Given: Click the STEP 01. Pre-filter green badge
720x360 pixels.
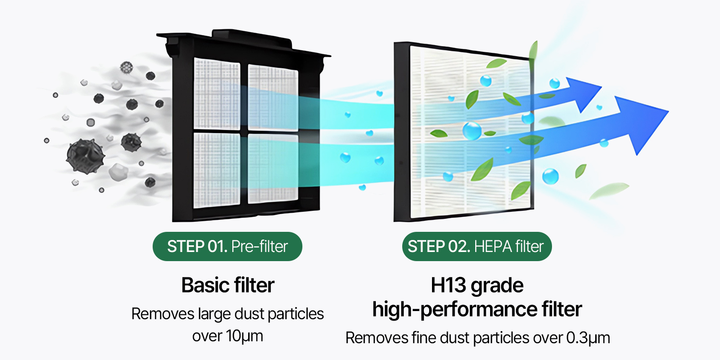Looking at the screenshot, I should pos(227,247).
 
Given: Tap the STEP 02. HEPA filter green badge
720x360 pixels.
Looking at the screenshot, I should pos(476,247).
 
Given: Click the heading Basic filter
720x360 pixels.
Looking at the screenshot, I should pos(228,285).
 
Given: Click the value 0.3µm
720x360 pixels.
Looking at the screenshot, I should pos(588,337).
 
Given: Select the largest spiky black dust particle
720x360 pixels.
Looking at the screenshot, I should pos(85,155).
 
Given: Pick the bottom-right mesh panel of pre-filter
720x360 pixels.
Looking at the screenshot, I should pos(273,172).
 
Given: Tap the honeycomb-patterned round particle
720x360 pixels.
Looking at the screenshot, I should pos(126,67).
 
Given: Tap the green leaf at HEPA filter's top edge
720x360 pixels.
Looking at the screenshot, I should pos(533,50).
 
